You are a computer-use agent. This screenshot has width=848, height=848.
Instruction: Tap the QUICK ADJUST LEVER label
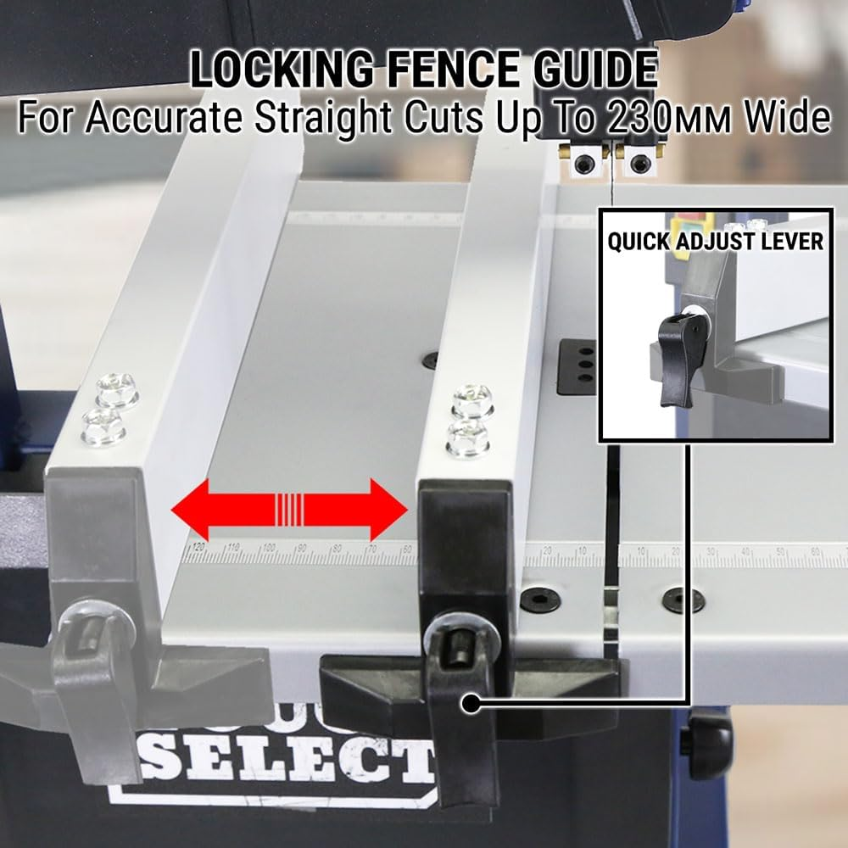tap(714, 241)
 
